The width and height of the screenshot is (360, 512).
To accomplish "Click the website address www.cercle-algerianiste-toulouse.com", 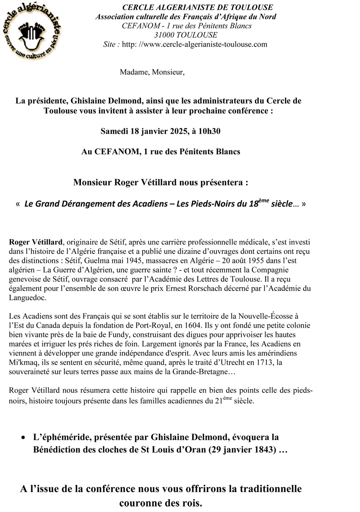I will (195, 44).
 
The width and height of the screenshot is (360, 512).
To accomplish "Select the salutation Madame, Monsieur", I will (152, 72).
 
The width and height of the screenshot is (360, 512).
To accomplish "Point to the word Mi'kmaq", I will (22, 363).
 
